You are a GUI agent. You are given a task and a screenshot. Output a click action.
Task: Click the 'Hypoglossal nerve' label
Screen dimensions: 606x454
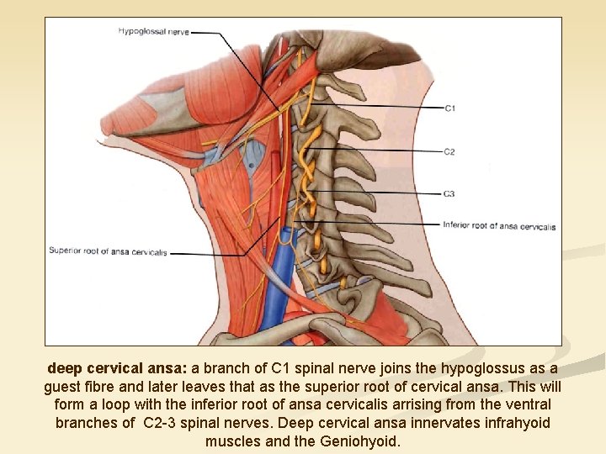(153, 32)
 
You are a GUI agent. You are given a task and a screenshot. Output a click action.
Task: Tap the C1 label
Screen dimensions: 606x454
(449, 108)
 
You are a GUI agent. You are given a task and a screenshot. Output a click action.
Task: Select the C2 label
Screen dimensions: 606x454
(449, 152)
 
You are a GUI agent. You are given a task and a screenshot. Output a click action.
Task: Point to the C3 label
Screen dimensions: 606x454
(449, 194)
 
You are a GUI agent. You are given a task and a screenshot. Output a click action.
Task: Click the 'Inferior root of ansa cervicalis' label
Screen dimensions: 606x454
(499, 226)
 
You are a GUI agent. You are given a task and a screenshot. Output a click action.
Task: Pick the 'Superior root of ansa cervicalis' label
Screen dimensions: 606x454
(108, 251)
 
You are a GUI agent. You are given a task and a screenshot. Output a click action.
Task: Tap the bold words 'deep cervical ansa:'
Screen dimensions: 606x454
(118, 369)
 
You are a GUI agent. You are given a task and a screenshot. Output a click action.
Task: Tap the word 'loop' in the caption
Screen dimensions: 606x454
(104, 404)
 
